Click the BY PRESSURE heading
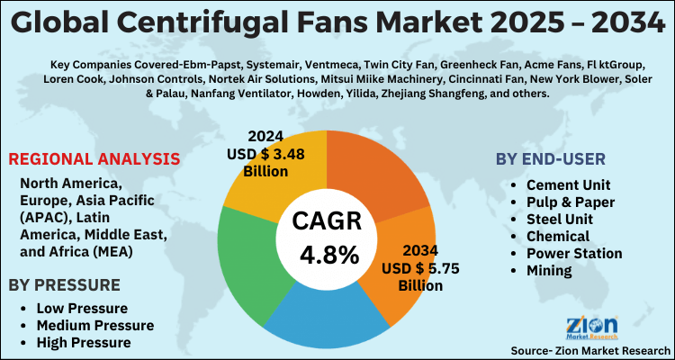64,285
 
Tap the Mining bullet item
550,270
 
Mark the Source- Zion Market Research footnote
589,349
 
